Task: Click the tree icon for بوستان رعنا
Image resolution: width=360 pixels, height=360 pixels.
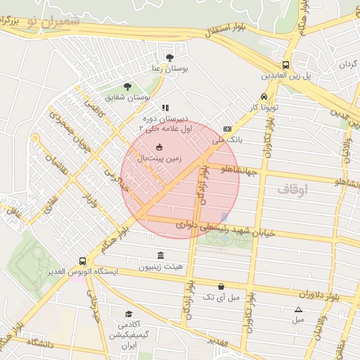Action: (x=169, y=57)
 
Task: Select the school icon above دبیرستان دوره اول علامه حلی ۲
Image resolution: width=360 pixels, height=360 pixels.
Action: (x=165, y=108)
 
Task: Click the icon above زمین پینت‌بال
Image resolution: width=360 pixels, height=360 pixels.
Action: (x=159, y=146)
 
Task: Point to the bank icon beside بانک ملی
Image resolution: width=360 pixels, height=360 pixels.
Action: (x=227, y=129)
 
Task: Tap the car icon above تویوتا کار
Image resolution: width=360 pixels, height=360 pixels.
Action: (x=264, y=96)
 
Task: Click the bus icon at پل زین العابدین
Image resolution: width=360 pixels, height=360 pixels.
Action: (x=285, y=62)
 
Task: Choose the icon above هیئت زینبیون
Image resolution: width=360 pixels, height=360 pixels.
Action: (x=162, y=255)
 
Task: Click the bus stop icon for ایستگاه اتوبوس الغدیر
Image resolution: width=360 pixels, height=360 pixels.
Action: (x=83, y=260)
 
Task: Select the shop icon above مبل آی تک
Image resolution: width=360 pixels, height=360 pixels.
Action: (x=222, y=286)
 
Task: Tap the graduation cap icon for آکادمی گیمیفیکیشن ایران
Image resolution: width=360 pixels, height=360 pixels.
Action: (x=128, y=314)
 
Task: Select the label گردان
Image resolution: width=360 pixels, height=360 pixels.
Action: (x=349, y=65)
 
